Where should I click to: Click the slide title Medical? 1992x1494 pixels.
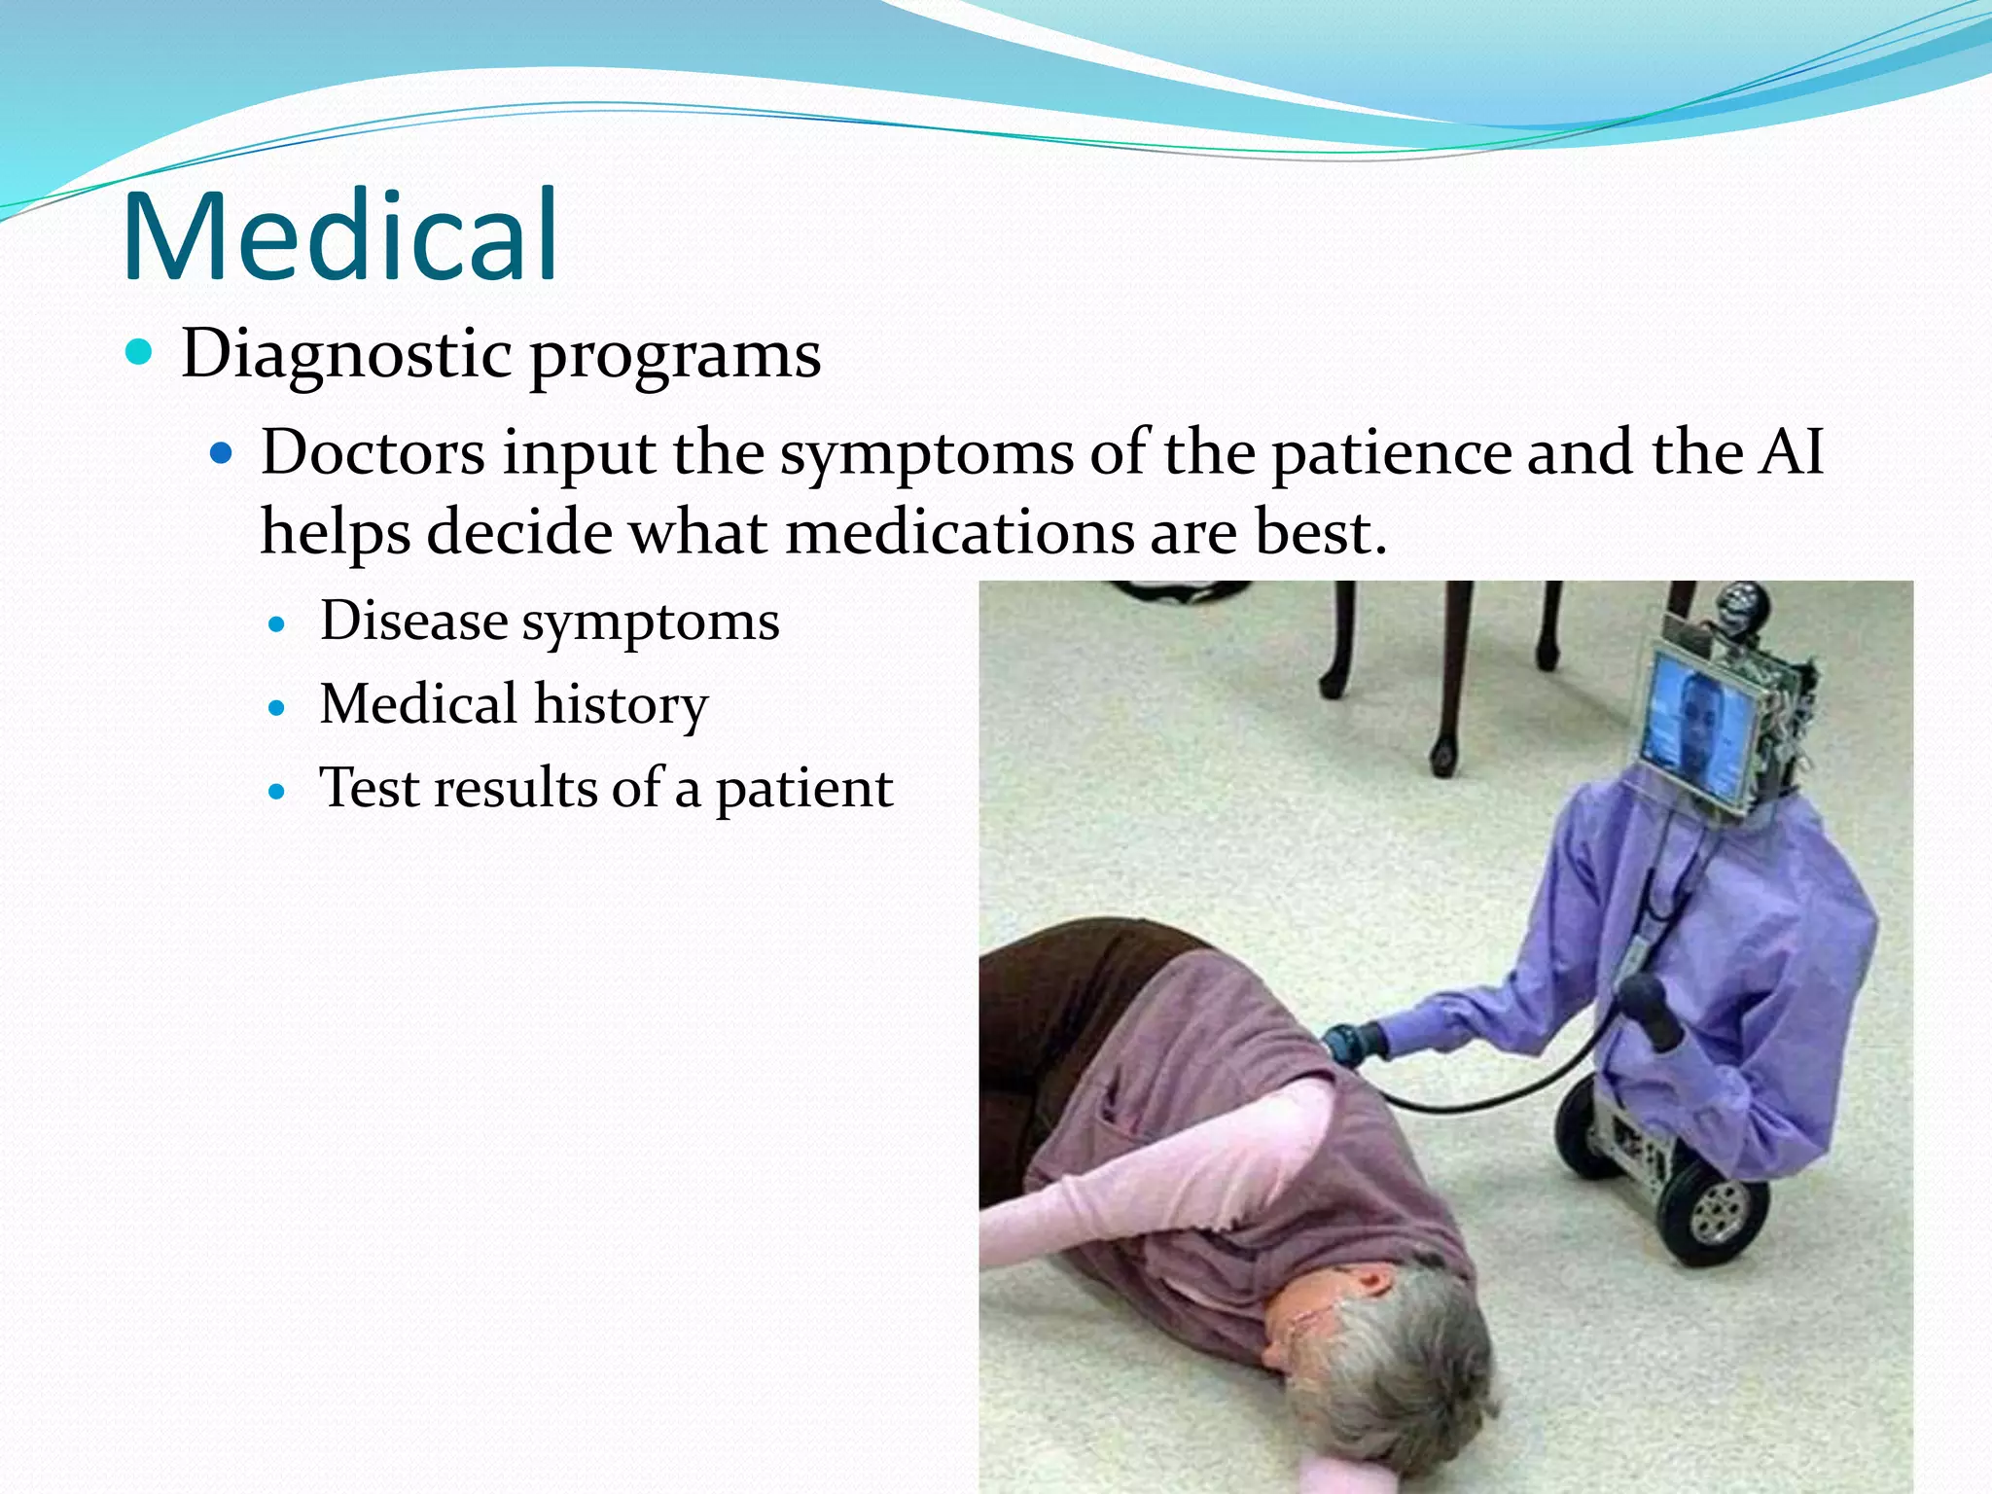[340, 236]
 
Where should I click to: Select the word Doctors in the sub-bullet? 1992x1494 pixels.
[373, 453]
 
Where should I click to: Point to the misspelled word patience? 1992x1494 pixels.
[1391, 453]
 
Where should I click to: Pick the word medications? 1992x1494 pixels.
[959, 533]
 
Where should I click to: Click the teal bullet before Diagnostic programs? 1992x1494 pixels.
[140, 351]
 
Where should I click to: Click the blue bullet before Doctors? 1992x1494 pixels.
[223, 452]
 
